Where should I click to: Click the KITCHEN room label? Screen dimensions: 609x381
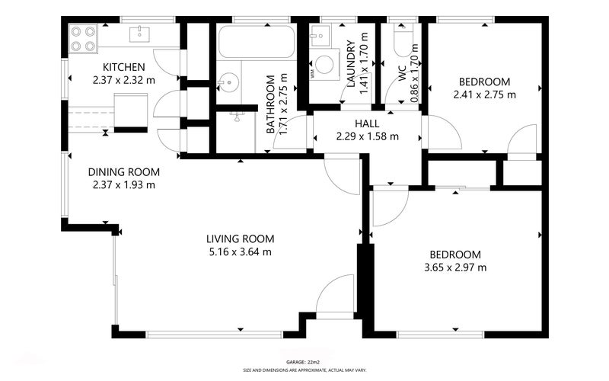pyautogui.click(x=123, y=67)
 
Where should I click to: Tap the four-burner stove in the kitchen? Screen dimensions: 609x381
pyautogui.click(x=84, y=39)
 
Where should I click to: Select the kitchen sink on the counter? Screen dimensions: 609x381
pyautogui.click(x=139, y=34)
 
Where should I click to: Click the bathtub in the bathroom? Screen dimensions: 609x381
pyautogui.click(x=257, y=42)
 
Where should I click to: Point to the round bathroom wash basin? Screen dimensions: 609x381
pyautogui.click(x=228, y=83)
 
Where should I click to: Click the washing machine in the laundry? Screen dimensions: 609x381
pyautogui.click(x=324, y=65)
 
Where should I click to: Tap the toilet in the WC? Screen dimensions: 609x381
pyautogui.click(x=404, y=40)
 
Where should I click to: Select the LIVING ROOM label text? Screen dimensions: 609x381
pyautogui.click(x=240, y=239)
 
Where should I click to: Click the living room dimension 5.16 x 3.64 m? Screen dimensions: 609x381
pyautogui.click(x=240, y=252)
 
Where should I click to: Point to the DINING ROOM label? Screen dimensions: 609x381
pyautogui.click(x=123, y=172)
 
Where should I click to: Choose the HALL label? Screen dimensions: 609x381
pyautogui.click(x=367, y=123)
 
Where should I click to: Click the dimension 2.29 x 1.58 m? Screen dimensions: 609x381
pyautogui.click(x=367, y=136)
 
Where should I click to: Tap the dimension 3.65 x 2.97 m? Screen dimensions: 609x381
pyautogui.click(x=455, y=267)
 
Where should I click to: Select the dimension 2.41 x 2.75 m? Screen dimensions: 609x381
pyautogui.click(x=484, y=94)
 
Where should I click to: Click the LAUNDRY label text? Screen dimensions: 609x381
pyautogui.click(x=351, y=63)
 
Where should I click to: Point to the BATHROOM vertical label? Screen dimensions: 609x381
pyautogui.click(x=270, y=104)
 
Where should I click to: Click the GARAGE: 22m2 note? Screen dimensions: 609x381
pyautogui.click(x=302, y=362)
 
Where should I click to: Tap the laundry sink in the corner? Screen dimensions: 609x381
pyautogui.click(x=320, y=36)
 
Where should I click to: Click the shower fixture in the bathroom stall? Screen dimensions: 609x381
pyautogui.click(x=237, y=116)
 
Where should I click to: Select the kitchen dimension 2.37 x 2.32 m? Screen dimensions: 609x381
pyautogui.click(x=123, y=80)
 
